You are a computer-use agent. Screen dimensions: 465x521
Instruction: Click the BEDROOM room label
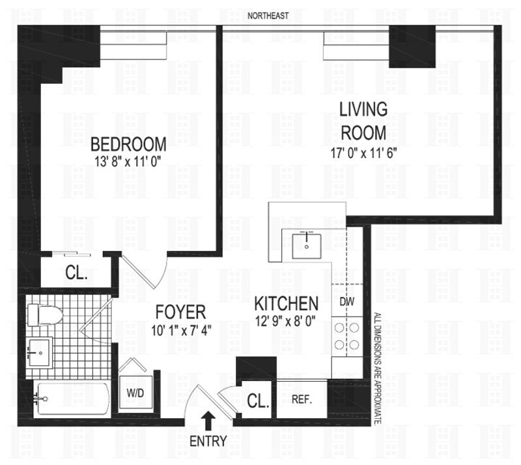pos(128,143)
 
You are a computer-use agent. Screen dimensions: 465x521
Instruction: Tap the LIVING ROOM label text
pos(363,121)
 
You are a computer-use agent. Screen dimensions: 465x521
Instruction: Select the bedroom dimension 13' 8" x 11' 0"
pos(128,159)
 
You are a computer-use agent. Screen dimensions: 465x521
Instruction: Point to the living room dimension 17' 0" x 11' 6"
pos(363,153)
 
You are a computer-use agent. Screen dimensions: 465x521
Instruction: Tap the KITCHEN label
pos(286,303)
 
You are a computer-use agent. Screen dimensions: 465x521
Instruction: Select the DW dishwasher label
pos(346,302)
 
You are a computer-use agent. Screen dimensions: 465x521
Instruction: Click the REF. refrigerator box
pos(302,399)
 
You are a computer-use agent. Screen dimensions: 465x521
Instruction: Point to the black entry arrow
pos(208,419)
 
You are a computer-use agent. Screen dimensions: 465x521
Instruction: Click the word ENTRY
pos(208,441)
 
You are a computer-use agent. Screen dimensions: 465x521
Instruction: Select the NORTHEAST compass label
pos(268,15)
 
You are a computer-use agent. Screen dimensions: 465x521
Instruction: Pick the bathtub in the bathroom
pos(72,397)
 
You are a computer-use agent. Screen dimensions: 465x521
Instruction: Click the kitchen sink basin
pos(305,243)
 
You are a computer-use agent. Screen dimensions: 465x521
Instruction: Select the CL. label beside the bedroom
pos(77,273)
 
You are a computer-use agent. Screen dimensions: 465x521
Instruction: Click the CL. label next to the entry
pos(258,402)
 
